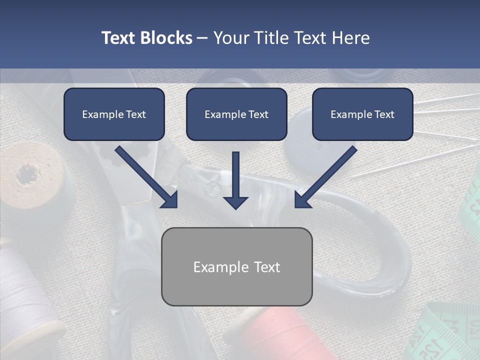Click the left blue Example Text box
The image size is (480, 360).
pos(114,114)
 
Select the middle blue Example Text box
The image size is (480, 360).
pos(236,114)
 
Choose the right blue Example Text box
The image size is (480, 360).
pos(362,114)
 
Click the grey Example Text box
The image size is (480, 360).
pos(236,266)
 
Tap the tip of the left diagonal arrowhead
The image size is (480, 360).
pos(176,206)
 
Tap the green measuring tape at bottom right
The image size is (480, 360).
pos(445,332)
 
